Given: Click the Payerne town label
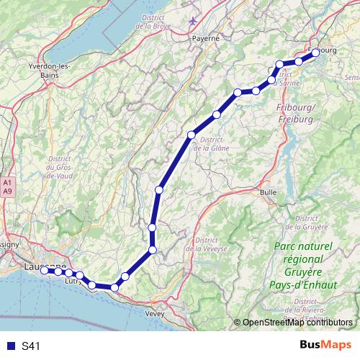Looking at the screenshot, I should pyautogui.click(x=204, y=39).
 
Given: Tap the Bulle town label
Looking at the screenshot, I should pyautogui.click(x=268, y=192).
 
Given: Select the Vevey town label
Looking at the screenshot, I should pyautogui.click(x=155, y=314).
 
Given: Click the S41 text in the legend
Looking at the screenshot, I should pyautogui.click(x=31, y=346).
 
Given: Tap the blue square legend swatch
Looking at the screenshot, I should pyautogui.click(x=9, y=346).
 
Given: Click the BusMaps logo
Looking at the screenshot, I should pyautogui.click(x=325, y=346).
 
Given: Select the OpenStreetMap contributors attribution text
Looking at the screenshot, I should pyautogui.click(x=296, y=322).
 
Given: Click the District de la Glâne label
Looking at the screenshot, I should pyautogui.click(x=215, y=144).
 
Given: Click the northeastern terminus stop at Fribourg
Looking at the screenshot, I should pyautogui.click(x=315, y=52).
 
